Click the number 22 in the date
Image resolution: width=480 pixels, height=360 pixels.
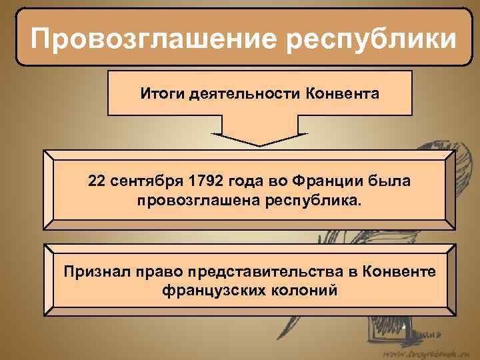96,181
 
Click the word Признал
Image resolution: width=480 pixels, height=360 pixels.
93,272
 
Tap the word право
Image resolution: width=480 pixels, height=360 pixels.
159,272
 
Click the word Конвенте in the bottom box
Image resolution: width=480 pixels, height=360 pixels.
399,272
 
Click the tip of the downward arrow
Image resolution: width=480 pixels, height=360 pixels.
259,144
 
